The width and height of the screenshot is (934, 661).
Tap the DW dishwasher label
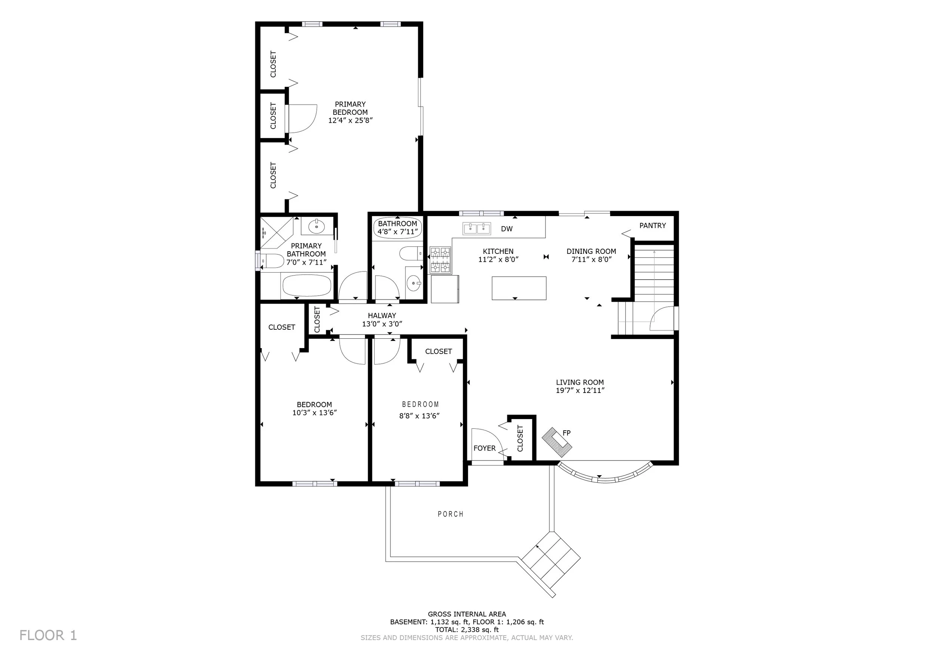pyautogui.click(x=507, y=229)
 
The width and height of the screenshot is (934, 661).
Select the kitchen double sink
pyautogui.click(x=476, y=229)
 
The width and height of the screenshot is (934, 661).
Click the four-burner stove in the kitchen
pyautogui.click(x=440, y=260)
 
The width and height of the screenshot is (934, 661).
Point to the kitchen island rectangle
pyautogui.click(x=519, y=288)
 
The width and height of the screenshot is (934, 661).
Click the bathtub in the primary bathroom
pyautogui.click(x=307, y=286)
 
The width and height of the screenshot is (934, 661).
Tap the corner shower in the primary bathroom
pyautogui.click(x=276, y=233)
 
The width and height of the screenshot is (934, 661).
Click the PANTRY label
pyautogui.click(x=653, y=225)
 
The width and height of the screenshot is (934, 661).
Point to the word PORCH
pyautogui.click(x=450, y=514)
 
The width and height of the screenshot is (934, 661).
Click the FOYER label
pyautogui.click(x=485, y=448)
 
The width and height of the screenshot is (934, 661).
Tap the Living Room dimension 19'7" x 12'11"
pyautogui.click(x=580, y=390)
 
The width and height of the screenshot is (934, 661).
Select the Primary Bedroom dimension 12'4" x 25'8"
pyautogui.click(x=350, y=120)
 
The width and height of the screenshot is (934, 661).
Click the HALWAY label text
pyautogui.click(x=382, y=316)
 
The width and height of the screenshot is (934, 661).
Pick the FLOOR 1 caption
pyautogui.click(x=48, y=635)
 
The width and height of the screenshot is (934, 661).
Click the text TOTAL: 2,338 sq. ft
pyautogui.click(x=467, y=630)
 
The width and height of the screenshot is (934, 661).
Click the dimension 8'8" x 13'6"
pyautogui.click(x=420, y=416)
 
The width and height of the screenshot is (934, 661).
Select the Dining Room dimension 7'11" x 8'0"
pyautogui.click(x=591, y=259)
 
